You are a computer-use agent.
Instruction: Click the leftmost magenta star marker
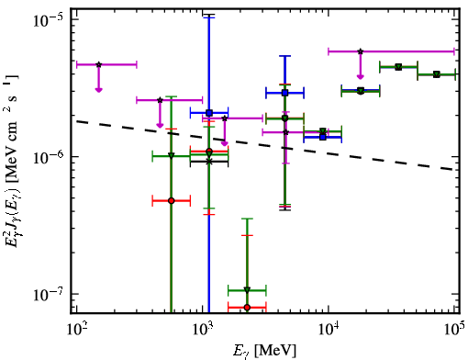(x=98, y=64)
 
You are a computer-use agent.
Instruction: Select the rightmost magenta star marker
(x=361, y=51)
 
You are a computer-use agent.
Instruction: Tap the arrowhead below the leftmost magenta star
(x=98, y=90)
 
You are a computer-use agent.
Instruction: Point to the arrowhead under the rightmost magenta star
(x=361, y=76)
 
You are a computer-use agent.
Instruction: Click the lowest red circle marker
(x=247, y=308)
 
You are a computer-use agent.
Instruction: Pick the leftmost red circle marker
(x=172, y=201)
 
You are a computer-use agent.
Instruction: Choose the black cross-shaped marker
(x=209, y=162)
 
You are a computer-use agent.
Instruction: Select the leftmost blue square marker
(x=209, y=113)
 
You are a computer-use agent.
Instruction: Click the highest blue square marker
(x=285, y=93)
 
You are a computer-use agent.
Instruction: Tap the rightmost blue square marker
(x=323, y=137)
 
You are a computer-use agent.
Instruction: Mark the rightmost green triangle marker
(x=437, y=74)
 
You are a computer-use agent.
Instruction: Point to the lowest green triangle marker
(x=247, y=290)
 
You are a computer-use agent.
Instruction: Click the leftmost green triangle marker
(x=172, y=156)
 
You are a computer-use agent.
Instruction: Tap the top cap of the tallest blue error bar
(x=209, y=17)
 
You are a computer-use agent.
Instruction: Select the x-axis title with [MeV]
(x=265, y=351)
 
